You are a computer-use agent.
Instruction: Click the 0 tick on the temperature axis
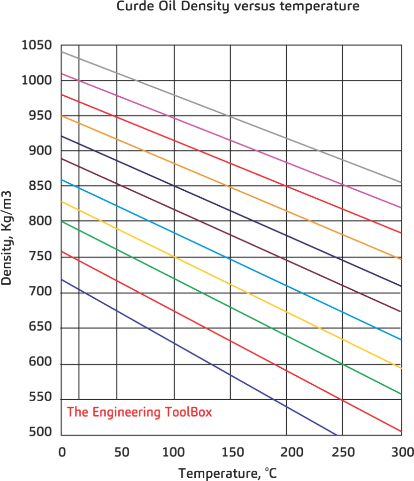[x=61, y=452]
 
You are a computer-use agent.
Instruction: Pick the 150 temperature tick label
[x=230, y=452]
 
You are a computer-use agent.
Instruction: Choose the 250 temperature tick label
[x=343, y=452]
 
